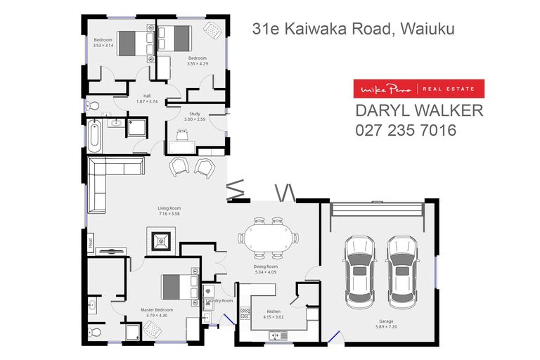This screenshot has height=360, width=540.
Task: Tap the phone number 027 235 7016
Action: point(406,130)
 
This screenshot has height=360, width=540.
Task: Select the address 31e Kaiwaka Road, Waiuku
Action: point(353,29)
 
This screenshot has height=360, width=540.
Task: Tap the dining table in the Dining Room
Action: point(269,236)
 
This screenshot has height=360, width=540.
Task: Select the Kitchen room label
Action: point(273,312)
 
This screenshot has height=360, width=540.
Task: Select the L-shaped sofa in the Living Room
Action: point(105,176)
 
